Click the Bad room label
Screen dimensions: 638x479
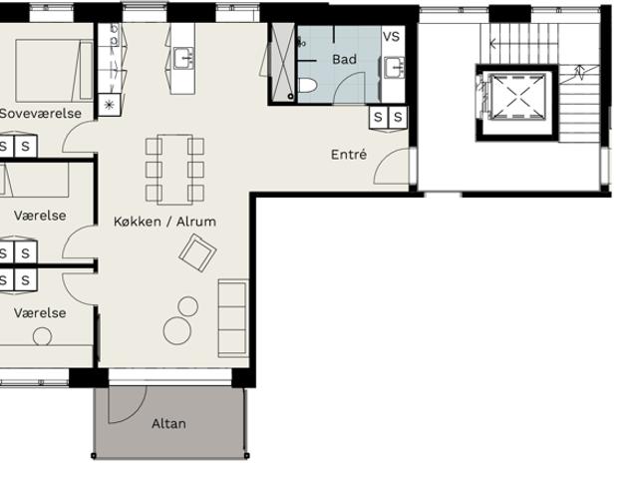coord(344,60)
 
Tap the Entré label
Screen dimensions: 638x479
coord(349,155)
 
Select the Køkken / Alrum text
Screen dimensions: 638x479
coord(164,222)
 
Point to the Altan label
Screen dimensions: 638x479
coord(168,424)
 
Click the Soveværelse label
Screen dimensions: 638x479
coord(41,113)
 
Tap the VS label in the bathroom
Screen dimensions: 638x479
coord(391,37)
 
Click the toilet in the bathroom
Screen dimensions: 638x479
coord(307,86)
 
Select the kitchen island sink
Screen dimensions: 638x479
coord(183,58)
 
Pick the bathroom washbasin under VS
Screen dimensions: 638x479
coord(393,68)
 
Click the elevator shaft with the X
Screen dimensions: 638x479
coord(517,97)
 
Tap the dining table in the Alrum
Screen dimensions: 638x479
coord(175,169)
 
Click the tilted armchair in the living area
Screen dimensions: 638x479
coord(197,252)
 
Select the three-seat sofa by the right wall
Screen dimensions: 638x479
coord(233,318)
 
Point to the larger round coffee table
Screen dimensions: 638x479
coord(177,330)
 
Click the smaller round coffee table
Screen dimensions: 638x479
coord(188,306)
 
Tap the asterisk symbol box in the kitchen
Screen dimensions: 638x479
coord(109,105)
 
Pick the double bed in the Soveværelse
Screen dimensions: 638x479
coord(54,71)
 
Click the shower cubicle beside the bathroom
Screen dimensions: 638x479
coord(283,62)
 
